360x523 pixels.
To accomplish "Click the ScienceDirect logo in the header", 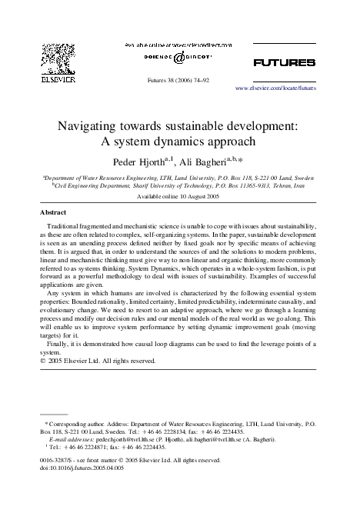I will tap(179, 58).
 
